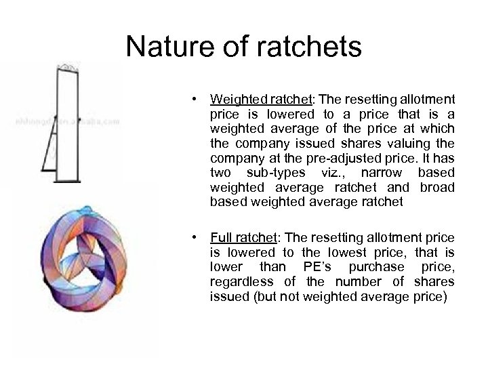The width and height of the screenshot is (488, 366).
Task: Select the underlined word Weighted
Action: pos(235,99)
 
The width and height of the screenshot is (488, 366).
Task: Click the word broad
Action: pos(438,187)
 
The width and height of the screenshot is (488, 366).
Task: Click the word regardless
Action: pos(241,282)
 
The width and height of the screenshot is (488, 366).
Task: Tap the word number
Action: pos(357,282)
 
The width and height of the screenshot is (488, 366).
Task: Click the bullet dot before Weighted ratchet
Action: pos(195,100)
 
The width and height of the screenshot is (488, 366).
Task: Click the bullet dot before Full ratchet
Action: pos(195,238)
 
